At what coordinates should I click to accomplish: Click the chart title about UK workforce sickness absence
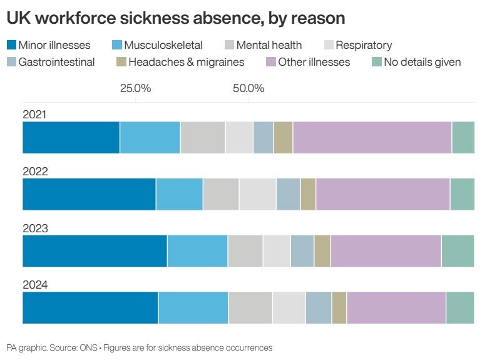[176, 18]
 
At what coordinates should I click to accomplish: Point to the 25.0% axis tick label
[136, 88]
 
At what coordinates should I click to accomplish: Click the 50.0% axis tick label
[248, 88]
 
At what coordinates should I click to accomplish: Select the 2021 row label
[35, 115]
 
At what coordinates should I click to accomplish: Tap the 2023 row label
[35, 229]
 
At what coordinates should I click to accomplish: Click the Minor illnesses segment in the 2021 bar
[71, 138]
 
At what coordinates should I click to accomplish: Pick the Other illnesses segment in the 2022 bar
[382, 194]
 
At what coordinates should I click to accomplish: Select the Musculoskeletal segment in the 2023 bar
[197, 251]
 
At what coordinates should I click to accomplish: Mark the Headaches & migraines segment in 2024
[339, 308]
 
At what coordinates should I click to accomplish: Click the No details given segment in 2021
[463, 138]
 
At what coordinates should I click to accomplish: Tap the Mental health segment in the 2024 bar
[250, 308]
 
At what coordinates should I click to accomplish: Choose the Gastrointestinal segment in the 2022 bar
[288, 194]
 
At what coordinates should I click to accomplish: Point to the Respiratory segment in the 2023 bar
[277, 251]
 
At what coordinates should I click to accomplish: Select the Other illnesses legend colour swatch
[270, 62]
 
